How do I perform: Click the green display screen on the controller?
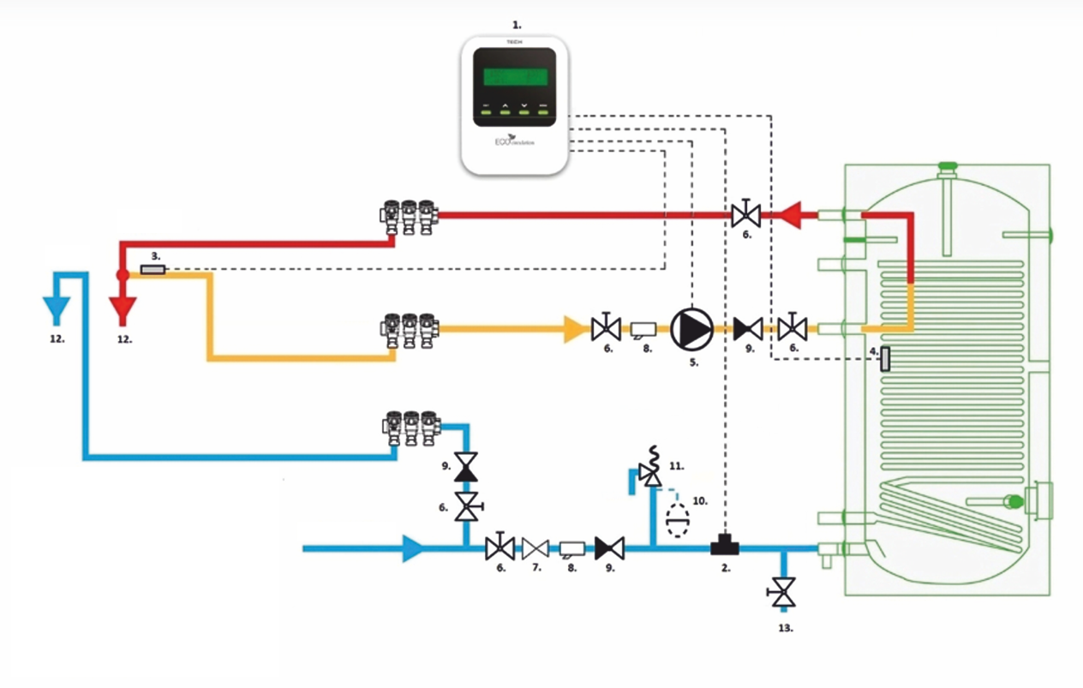[x=515, y=76]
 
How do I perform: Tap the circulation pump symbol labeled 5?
[x=691, y=327]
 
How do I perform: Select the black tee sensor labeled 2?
[x=725, y=543]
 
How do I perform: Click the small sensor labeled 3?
[x=152, y=270]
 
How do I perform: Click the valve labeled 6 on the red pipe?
[x=745, y=213]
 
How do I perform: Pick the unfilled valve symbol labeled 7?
[x=535, y=547]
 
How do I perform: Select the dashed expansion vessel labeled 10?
[x=679, y=519]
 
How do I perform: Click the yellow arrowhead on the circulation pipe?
[x=573, y=328]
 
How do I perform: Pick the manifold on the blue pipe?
[x=409, y=427]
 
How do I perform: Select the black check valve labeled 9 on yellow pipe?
[x=749, y=327]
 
